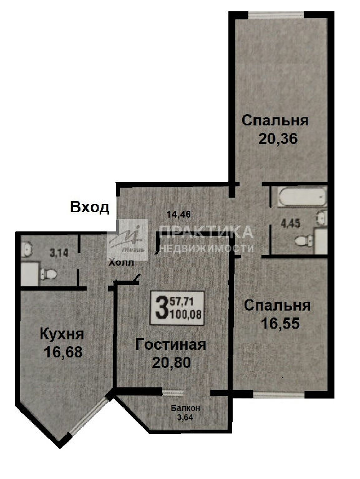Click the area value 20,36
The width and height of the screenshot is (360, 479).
pyautogui.click(x=278, y=139)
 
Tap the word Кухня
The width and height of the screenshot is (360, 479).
pyautogui.click(x=62, y=334)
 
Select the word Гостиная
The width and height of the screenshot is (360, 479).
pyautogui.click(x=171, y=344)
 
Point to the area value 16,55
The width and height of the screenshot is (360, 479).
pyautogui.click(x=280, y=324)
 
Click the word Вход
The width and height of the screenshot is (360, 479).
pyautogui.click(x=90, y=207)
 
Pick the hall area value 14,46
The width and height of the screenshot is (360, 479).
pyautogui.click(x=179, y=215)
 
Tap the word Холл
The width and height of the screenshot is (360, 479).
pyautogui.click(x=122, y=263)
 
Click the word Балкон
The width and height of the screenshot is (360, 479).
pyautogui.click(x=185, y=408)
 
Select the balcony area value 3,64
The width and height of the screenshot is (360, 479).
pyautogui.click(x=185, y=417)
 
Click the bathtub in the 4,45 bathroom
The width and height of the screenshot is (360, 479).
pyautogui.click(x=302, y=196)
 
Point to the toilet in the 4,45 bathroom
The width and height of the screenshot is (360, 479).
pyautogui.click(x=304, y=240)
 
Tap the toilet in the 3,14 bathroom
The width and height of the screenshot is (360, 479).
pyautogui.click(x=48, y=273)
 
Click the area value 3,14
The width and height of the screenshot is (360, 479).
pyautogui.click(x=59, y=253)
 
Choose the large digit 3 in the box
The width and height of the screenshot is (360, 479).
pyautogui.click(x=161, y=307)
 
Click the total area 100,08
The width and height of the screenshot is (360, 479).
pyautogui.click(x=186, y=314)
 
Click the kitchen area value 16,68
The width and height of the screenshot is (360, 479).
pyautogui.click(x=63, y=352)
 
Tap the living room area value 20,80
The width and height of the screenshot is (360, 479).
pyautogui.click(x=172, y=362)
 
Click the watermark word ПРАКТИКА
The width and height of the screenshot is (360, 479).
pyautogui.click(x=207, y=232)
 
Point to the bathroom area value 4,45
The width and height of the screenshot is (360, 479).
pyautogui.click(x=290, y=223)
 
